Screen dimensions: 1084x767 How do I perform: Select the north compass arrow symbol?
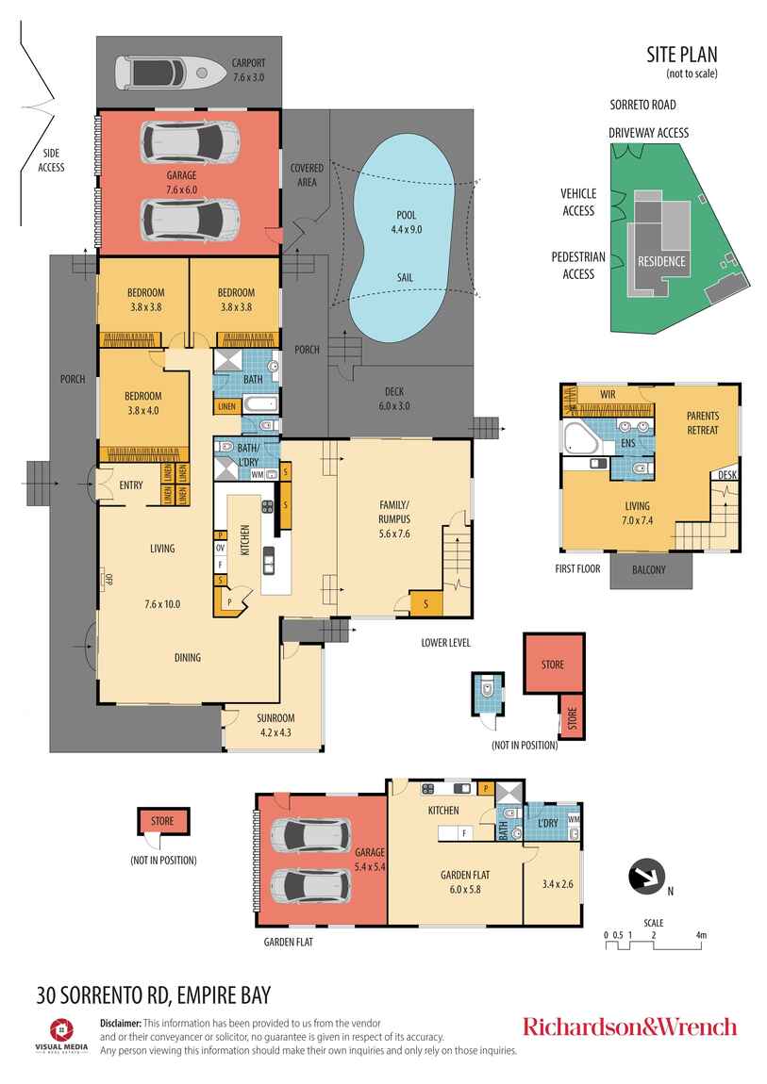(646, 877)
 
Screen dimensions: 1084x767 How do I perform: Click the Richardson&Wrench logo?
(629, 1027)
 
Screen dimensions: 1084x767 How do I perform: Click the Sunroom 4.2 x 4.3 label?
(275, 723)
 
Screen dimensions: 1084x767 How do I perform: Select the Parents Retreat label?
(702, 423)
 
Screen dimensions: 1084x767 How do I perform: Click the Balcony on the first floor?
(650, 569)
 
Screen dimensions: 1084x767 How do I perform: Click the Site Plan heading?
(681, 56)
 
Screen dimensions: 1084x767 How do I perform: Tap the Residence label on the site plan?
(661, 261)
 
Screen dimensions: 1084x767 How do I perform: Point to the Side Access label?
(51, 160)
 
